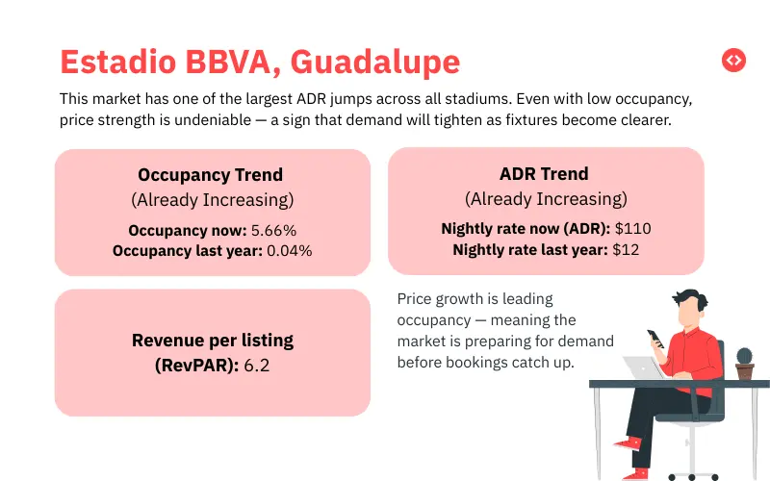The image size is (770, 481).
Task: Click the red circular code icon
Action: [733, 60]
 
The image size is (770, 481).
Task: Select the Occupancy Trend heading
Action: [211, 175]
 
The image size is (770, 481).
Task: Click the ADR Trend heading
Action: [546, 174]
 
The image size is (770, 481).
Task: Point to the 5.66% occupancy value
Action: [273, 231]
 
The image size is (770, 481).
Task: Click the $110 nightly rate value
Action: [632, 229]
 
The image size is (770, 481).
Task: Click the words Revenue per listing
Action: [213, 341]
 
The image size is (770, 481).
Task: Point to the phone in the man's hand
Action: [654, 339]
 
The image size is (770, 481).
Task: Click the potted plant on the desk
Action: [744, 363]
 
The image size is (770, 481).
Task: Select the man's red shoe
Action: [630, 446]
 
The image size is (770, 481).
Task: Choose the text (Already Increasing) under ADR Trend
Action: [546, 199]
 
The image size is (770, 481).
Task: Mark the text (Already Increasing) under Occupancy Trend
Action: [212, 200]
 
